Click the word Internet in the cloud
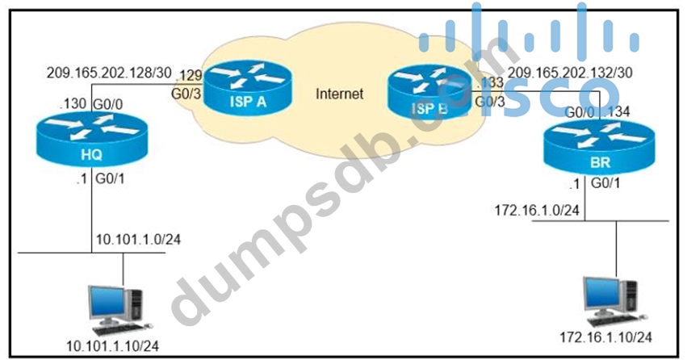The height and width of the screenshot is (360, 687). pos(339,94)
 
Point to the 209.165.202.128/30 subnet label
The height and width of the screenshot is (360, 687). pos(108,72)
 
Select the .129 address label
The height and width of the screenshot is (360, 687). pos(191,74)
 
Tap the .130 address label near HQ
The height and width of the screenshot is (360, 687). pos(70,104)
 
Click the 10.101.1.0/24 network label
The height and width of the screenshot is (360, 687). pos(139,240)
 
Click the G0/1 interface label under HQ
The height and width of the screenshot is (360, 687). pos(110,178)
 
